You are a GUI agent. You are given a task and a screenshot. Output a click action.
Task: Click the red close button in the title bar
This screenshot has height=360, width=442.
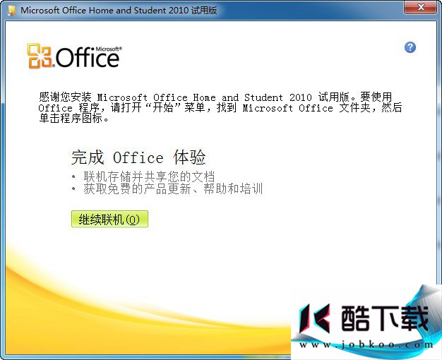click(421, 7)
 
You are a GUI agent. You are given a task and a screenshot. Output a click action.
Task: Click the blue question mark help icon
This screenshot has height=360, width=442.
click(410, 47)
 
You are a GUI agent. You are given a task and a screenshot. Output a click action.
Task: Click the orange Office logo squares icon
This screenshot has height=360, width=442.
click(39, 56)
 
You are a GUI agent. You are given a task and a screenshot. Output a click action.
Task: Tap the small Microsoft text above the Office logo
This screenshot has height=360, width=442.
click(109, 49)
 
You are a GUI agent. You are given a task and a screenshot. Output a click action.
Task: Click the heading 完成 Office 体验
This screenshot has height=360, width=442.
click(138, 157)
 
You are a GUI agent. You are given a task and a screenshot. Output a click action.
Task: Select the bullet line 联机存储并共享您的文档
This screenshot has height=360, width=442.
click(149, 176)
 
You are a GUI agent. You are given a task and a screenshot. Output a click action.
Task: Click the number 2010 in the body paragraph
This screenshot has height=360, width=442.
click(301, 97)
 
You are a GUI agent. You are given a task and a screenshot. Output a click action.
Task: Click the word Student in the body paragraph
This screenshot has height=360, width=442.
click(263, 97)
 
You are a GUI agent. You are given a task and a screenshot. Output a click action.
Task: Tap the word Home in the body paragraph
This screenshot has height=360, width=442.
click(204, 97)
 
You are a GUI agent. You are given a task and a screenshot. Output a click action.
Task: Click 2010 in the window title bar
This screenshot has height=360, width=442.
click(179, 10)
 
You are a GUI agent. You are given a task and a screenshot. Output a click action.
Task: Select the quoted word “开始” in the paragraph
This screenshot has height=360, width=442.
click(163, 108)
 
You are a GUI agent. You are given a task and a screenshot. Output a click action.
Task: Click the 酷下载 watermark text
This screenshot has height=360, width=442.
click(385, 318)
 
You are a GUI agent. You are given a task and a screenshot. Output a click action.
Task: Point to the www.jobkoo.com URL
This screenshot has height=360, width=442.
click(366, 344)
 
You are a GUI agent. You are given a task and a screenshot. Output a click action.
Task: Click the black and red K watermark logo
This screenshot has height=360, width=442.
click(315, 318)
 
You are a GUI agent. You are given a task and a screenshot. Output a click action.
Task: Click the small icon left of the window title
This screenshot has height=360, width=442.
click(11, 11)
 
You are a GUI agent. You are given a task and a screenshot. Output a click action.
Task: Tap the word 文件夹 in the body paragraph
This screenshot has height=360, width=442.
click(355, 108)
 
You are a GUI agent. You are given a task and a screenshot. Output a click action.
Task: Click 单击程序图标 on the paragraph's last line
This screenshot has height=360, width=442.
click(71, 119)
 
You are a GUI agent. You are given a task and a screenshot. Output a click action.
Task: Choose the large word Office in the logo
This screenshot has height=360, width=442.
click(88, 57)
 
